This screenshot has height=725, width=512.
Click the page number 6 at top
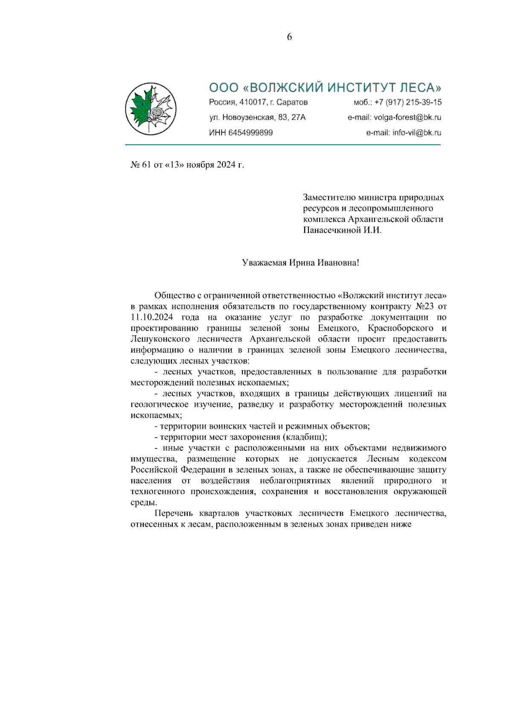click(x=289, y=37)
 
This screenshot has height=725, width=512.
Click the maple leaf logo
click(x=151, y=109)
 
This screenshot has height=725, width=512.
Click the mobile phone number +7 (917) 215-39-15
click(x=408, y=103)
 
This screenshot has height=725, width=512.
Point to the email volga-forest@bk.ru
click(x=407, y=117)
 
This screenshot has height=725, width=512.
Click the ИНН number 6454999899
click(x=250, y=132)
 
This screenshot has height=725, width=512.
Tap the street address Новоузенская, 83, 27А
click(x=264, y=117)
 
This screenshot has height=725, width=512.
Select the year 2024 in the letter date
click(x=226, y=165)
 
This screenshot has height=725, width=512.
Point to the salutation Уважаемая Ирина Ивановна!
click(x=300, y=263)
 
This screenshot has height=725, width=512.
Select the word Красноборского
click(x=400, y=328)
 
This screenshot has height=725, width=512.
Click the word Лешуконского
click(x=160, y=339)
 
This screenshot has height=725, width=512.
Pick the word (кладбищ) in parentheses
click(x=305, y=437)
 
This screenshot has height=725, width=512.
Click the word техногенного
click(x=158, y=491)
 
